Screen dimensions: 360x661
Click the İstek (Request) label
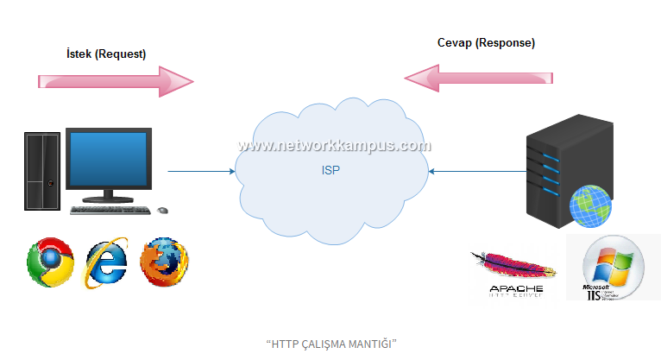pyautogui.click(x=106, y=54)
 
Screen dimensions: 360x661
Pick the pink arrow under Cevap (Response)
pyautogui.click(x=479, y=79)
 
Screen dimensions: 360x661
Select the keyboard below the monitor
pyautogui.click(x=111, y=210)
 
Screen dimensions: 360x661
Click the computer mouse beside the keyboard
pyautogui.click(x=162, y=209)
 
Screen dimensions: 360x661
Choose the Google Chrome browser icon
pyautogui.click(x=50, y=263)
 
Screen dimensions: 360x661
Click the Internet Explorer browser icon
pyautogui.click(x=106, y=262)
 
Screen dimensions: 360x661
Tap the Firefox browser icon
pyautogui.click(x=164, y=262)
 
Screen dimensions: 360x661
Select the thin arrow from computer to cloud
pyautogui.click(x=200, y=171)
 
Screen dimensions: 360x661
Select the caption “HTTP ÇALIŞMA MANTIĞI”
pyautogui.click(x=330, y=343)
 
